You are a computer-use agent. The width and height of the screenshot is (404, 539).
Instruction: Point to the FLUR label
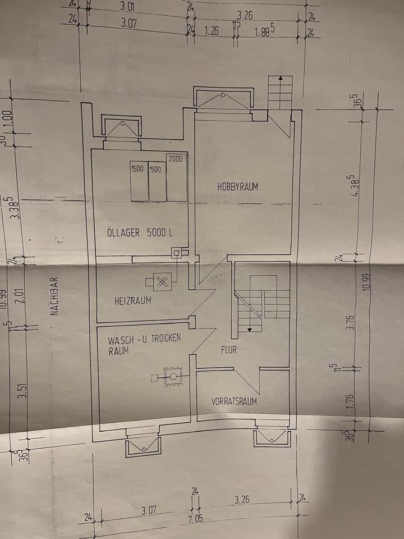coord(229,350)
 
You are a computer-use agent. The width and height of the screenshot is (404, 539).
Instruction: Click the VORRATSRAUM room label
coord(234,401)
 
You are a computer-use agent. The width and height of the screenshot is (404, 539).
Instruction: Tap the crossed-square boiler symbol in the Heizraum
coord(163,282)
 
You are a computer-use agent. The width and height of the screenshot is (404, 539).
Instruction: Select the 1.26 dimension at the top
coord(212,31)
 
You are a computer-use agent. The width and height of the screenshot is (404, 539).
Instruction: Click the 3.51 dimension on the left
coord(22,387)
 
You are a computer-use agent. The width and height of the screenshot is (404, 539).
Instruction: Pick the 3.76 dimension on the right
coord(351,323)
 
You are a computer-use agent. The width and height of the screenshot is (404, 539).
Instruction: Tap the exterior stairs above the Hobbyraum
coord(279,93)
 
